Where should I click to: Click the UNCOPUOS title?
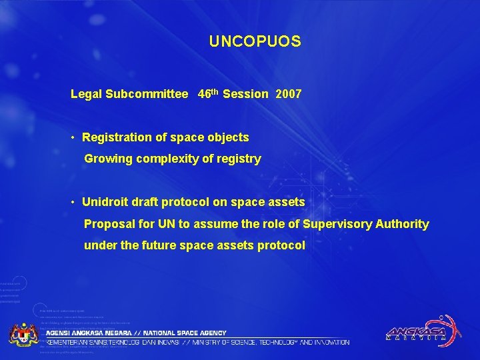pos(255,42)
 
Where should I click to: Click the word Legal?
pos(86,95)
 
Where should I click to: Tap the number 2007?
pos(288,95)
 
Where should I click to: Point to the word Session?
pos(245,95)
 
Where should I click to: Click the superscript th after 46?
pos(215,91)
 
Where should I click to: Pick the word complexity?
pos(156,159)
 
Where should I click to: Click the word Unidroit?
pos(105,202)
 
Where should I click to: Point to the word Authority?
pos(402,224)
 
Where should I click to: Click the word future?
pos(158,245)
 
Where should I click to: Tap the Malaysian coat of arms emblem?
pos(23,333)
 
